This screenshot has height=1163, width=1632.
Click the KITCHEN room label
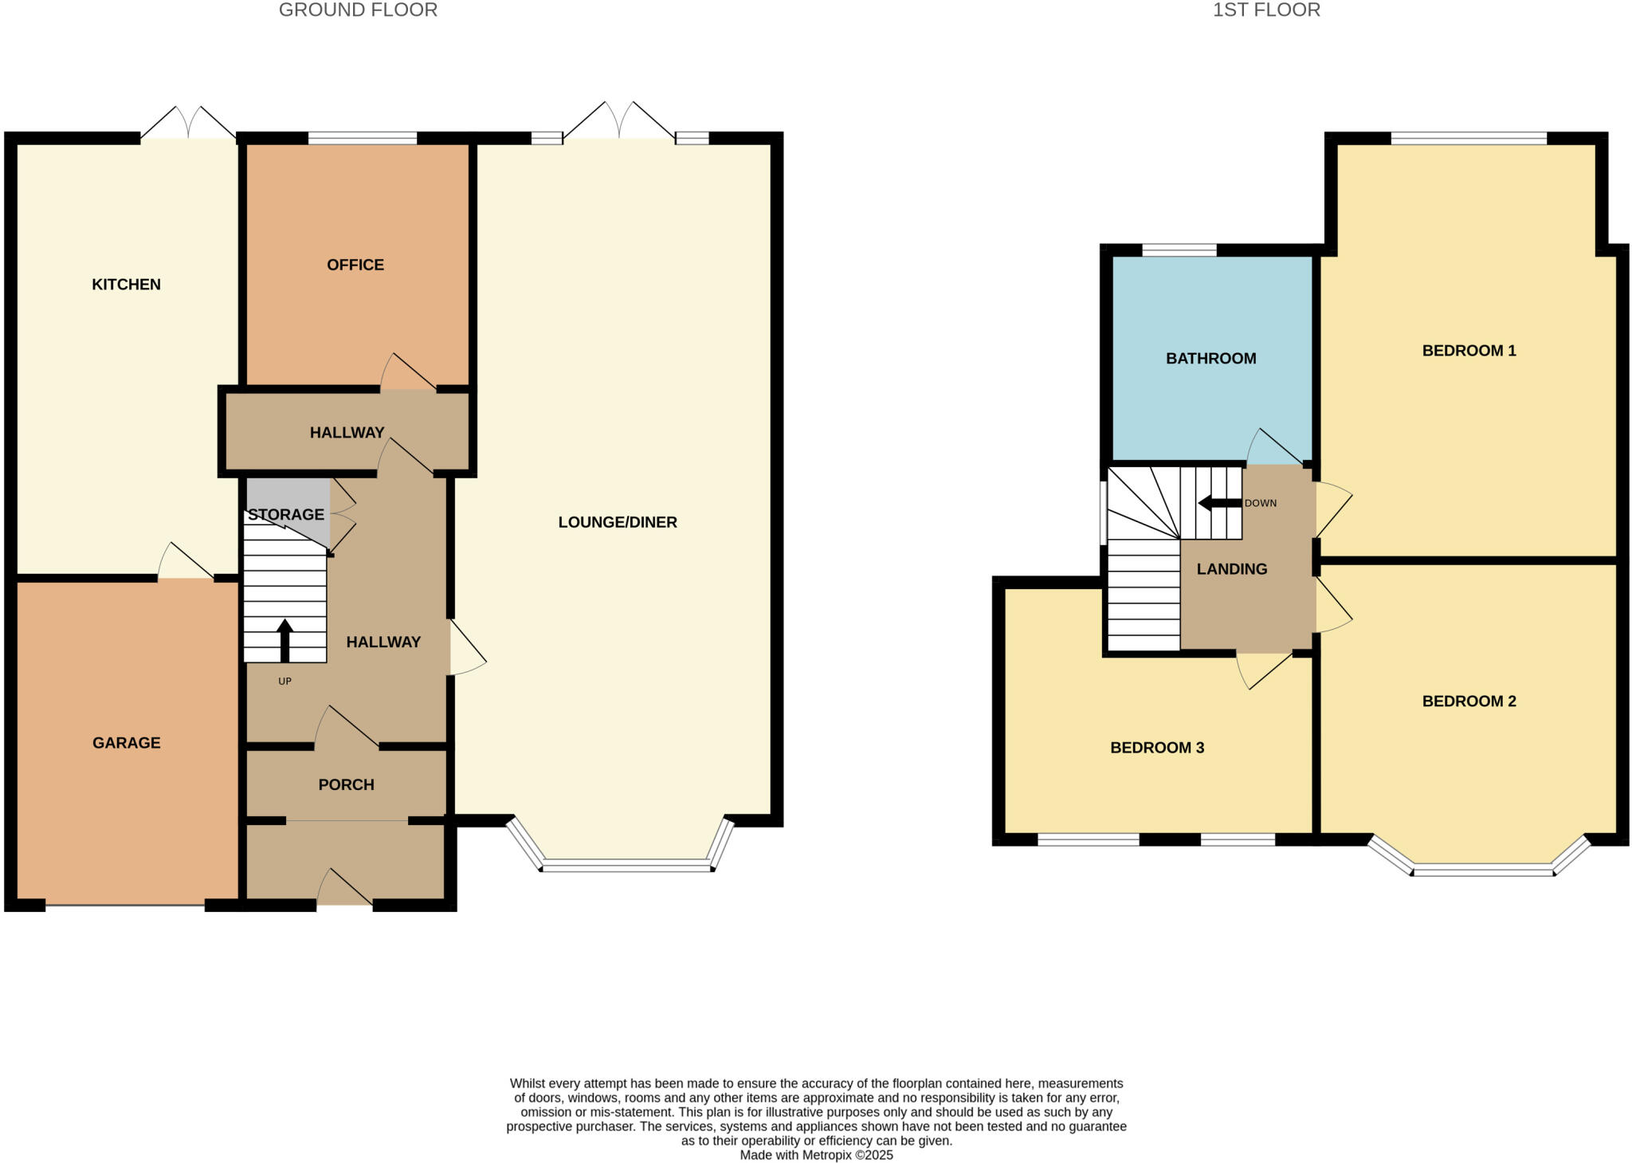pyautogui.click(x=126, y=285)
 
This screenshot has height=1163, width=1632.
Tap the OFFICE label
pyautogui.click(x=355, y=265)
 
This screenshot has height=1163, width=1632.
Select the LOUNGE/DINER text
pyautogui.click(x=618, y=522)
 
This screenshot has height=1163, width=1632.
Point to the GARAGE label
pyautogui.click(x=127, y=743)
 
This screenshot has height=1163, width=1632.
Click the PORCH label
pyautogui.click(x=346, y=784)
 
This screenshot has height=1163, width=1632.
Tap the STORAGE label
pyautogui.click(x=286, y=514)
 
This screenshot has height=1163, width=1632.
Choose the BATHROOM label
pyautogui.click(x=1211, y=359)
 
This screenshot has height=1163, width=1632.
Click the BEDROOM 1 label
pyautogui.click(x=1469, y=351)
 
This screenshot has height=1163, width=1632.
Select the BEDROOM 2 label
pyautogui.click(x=1469, y=701)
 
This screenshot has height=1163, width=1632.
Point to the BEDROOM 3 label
pyautogui.click(x=1157, y=748)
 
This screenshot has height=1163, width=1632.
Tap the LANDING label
pyautogui.click(x=1232, y=569)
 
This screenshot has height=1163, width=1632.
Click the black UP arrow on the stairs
pyautogui.click(x=284, y=641)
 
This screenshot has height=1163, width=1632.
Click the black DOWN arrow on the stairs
pyautogui.click(x=1220, y=503)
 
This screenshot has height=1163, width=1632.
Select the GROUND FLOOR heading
pyautogui.click(x=358, y=10)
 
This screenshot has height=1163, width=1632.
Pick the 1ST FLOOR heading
pyautogui.click(x=1266, y=10)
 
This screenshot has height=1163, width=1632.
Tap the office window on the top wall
pyautogui.click(x=363, y=138)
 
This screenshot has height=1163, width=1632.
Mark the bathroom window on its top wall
pyautogui.click(x=1179, y=249)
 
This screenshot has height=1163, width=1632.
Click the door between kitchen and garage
pyautogui.click(x=186, y=561)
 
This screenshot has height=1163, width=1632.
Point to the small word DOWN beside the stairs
pyautogui.click(x=1261, y=504)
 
